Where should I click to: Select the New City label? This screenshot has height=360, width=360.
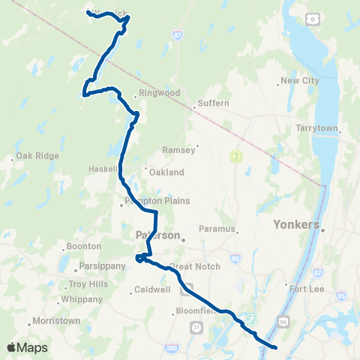tap(299, 81)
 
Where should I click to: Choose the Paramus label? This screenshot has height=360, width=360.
tap(217, 229)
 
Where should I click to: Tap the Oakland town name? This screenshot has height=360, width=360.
tap(166, 172)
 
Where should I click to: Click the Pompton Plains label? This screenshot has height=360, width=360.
tap(159, 201)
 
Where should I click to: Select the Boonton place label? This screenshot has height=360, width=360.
tap(83, 246)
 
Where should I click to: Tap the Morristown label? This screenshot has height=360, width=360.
tap(55, 321)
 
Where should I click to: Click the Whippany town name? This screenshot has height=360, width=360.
tap(81, 298)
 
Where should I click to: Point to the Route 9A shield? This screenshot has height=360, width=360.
tap(283, 321)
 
